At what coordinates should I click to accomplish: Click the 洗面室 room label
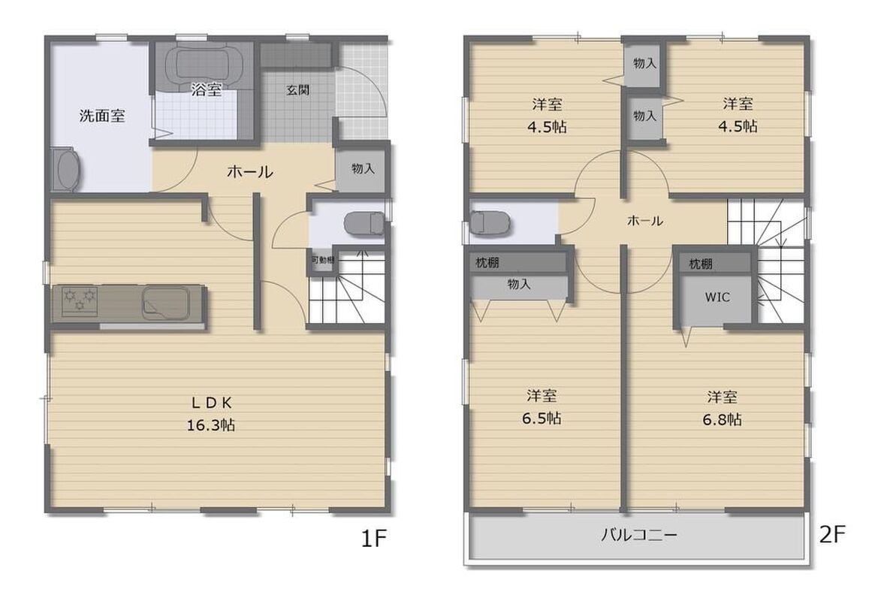tap(102, 116)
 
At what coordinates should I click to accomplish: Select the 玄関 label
tap(297, 89)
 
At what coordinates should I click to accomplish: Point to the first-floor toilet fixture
tap(364, 222)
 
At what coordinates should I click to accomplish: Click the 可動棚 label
tap(322, 261)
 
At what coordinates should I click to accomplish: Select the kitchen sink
tap(165, 300)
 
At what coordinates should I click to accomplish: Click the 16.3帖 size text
tap(210, 425)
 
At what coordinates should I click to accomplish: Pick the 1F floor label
tap(373, 539)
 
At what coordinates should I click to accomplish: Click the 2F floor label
tap(832, 534)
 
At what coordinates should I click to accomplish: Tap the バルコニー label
tap(638, 535)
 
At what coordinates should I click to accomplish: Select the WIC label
tap(717, 297)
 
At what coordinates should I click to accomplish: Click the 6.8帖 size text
tap(722, 419)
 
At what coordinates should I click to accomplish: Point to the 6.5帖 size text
tap(542, 418)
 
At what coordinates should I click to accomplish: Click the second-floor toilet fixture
tap(490, 223)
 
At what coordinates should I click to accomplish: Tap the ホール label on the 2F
tap(645, 221)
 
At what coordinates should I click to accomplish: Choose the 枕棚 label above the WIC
tap(700, 264)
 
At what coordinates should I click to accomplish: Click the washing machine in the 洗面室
tap(65, 170)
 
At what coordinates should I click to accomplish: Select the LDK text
tap(211, 403)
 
